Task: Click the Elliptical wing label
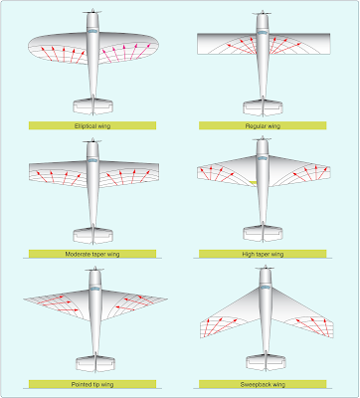(92, 125)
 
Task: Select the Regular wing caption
(263, 125)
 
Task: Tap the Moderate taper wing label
(92, 254)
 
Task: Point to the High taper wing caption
(263, 254)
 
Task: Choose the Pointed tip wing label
(92, 382)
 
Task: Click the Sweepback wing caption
(263, 382)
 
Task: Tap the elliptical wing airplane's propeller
(92, 14)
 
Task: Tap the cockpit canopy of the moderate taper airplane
(92, 160)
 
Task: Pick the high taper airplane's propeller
(263, 141)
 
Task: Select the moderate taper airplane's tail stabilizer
(92, 234)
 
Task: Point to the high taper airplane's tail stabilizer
(263, 234)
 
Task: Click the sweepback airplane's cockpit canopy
(263, 288)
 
